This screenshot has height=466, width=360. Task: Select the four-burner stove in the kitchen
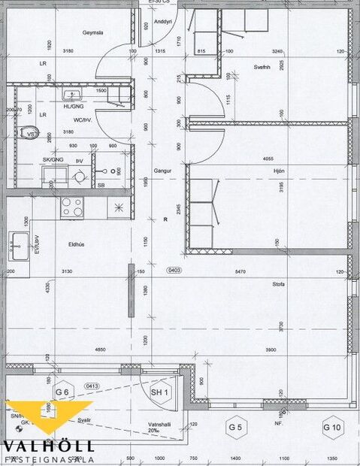72,206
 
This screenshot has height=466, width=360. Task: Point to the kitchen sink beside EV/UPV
19,244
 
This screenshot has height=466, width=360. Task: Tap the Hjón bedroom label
283,171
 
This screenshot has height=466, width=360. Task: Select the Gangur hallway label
163,171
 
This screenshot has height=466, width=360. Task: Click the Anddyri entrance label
163,22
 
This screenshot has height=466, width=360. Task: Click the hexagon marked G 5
237,428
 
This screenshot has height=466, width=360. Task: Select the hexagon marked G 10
331,428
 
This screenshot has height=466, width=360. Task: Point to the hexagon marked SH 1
159,392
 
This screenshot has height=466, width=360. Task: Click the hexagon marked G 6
62,392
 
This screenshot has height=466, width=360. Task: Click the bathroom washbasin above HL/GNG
73,95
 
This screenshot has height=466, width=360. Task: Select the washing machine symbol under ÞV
79,177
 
